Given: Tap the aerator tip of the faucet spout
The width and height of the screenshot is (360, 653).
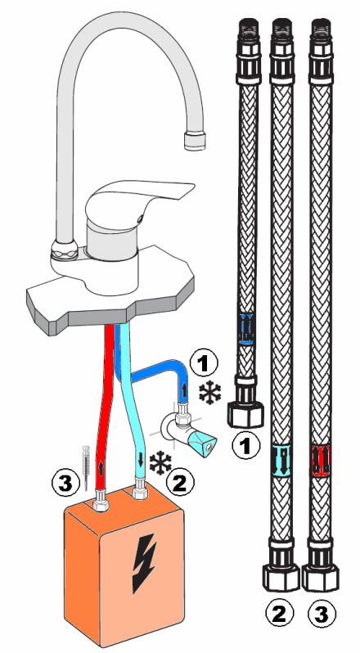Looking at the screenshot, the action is coord(195,141).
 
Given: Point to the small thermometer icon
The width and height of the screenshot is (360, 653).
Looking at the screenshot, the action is coord(86,467).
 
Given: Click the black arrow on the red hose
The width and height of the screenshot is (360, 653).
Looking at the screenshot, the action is coord(101,469).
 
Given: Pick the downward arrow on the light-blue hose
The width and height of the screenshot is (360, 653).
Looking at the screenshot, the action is coord(141,459).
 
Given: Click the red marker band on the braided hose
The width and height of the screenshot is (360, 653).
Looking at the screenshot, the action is coord(321,461).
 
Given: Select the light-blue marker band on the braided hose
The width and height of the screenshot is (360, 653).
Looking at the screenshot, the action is coord(281,461).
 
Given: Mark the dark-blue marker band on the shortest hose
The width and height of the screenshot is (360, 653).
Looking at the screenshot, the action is coord(247,329).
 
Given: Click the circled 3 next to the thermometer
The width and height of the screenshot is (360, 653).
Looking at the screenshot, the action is coord(65,484).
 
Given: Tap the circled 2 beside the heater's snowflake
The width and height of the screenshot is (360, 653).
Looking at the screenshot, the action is coord(180,483).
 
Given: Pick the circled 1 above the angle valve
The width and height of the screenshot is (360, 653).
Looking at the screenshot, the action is coord(204,363).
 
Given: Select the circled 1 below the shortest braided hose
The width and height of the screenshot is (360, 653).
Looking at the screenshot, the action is coord(246,446).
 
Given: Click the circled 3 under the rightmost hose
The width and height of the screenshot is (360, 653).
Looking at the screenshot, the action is coord(322,614).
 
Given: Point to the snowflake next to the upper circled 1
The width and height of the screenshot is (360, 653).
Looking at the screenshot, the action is coord(210,392).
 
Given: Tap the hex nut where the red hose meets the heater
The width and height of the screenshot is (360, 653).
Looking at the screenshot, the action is coord(101,500).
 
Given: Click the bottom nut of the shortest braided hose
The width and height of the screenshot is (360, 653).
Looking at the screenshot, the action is coord(246,413).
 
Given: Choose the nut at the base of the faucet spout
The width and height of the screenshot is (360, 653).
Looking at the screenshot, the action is coord(65,250).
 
